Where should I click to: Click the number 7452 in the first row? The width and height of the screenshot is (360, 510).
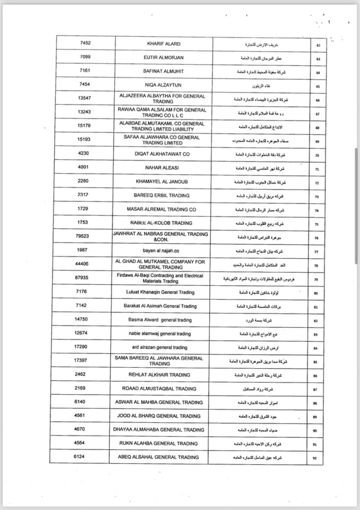tap(85, 43)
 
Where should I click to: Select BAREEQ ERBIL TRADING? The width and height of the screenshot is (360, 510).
tap(161, 195)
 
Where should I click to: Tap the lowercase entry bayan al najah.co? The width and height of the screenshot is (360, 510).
tap(160, 250)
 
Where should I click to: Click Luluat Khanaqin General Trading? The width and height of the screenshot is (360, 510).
tap(161, 292)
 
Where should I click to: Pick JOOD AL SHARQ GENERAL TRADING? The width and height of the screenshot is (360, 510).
tap(158, 416)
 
